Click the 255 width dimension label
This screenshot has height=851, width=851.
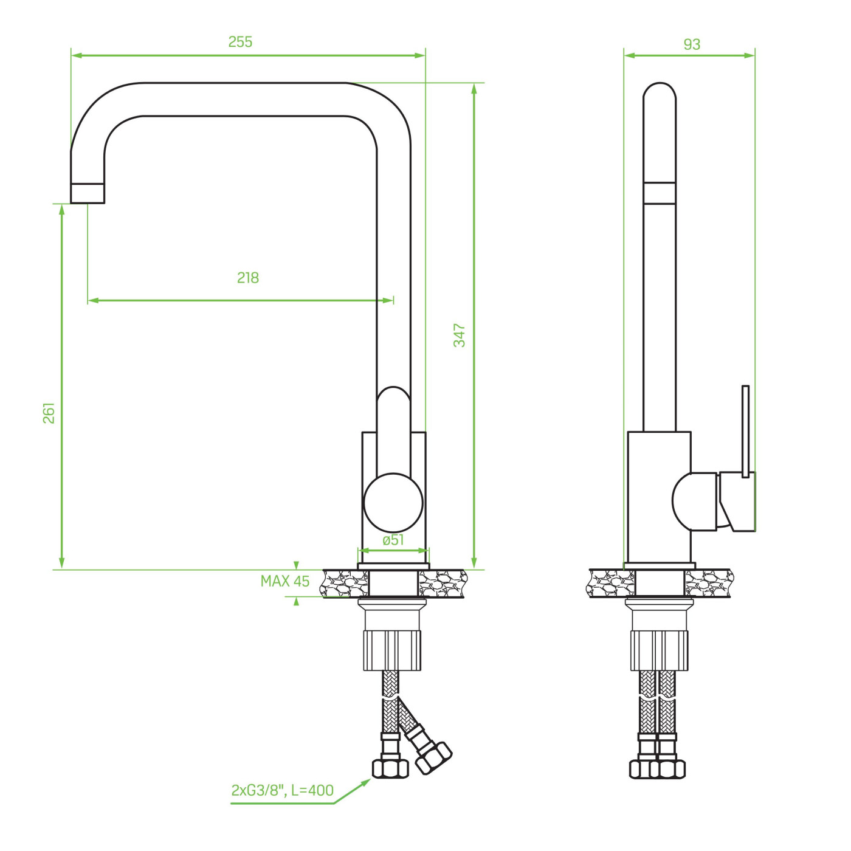(240, 42)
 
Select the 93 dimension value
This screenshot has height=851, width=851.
(692, 44)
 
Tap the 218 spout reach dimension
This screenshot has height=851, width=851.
(248, 278)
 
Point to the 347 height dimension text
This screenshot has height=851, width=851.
(460, 335)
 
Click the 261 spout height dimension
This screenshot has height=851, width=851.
(49, 413)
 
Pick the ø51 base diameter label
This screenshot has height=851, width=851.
(393, 540)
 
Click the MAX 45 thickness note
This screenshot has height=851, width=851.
(285, 581)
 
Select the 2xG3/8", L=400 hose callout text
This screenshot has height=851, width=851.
(283, 790)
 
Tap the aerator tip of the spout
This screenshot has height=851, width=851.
(88, 193)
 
